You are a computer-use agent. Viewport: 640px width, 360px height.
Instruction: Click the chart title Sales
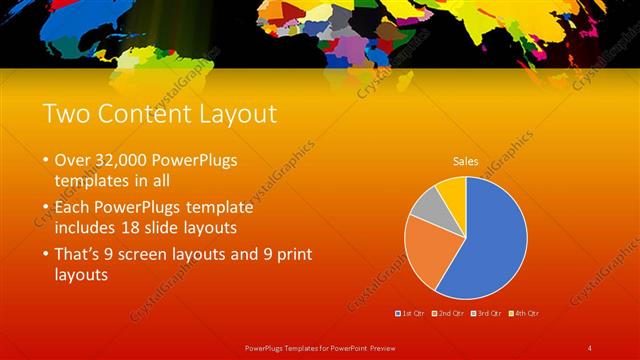[466, 160]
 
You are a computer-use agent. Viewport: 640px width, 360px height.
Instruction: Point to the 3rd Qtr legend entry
[489, 313]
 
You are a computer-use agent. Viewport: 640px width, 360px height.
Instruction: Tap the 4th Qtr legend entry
[526, 313]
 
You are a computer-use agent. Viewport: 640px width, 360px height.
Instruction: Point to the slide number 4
[589, 347]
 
